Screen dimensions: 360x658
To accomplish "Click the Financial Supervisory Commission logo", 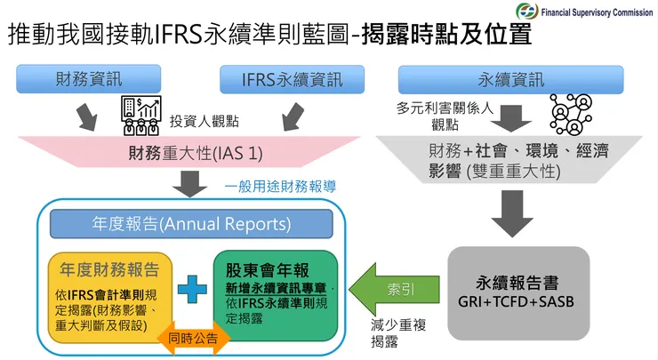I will tap(528, 12).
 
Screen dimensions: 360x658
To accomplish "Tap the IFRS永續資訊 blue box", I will tap(292, 79).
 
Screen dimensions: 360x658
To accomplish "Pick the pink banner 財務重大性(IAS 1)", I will tap(191, 152).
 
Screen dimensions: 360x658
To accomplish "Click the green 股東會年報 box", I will tap(276, 293).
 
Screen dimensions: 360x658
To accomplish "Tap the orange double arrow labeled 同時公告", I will tap(185, 337).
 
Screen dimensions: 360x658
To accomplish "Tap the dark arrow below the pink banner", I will tap(190, 182).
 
